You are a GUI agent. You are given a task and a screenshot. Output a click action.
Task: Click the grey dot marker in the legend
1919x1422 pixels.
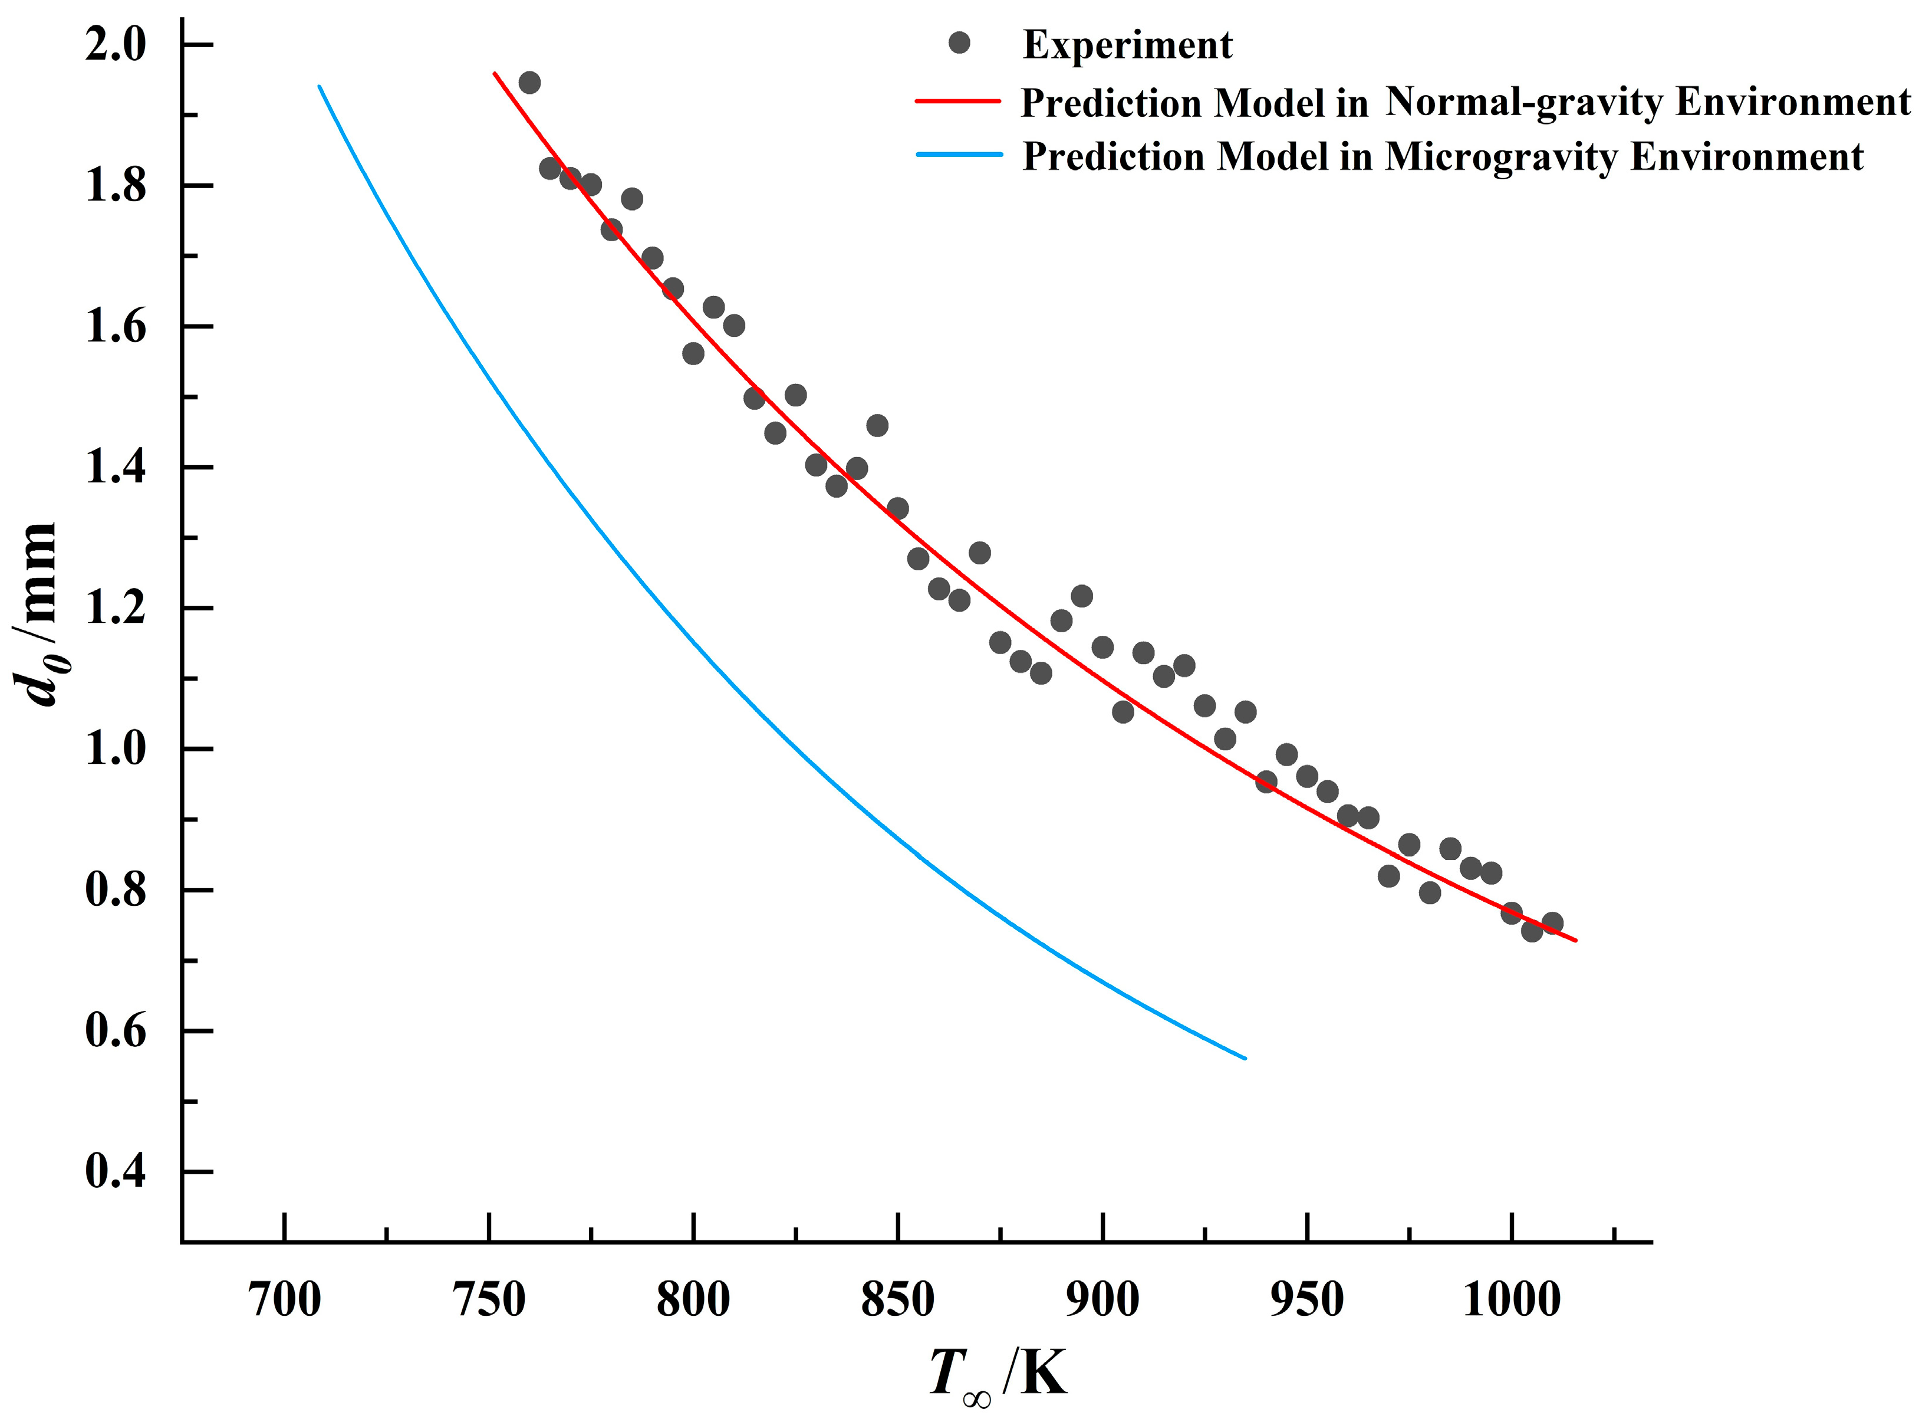(x=959, y=43)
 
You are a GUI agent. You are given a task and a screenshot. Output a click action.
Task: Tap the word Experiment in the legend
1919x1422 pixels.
(x=1127, y=45)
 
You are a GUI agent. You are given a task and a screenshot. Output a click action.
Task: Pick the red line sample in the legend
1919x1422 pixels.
(x=959, y=101)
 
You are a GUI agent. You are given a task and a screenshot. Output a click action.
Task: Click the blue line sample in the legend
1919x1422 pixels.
(x=959, y=155)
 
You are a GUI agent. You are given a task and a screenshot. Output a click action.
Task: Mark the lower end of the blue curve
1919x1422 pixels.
(x=1245, y=1058)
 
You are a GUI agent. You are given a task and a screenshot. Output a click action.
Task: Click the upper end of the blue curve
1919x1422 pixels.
(x=320, y=86)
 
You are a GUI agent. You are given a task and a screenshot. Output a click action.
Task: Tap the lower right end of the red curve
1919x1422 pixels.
(x=1575, y=941)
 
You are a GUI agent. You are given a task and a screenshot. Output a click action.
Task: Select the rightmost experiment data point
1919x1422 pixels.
(x=1552, y=923)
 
